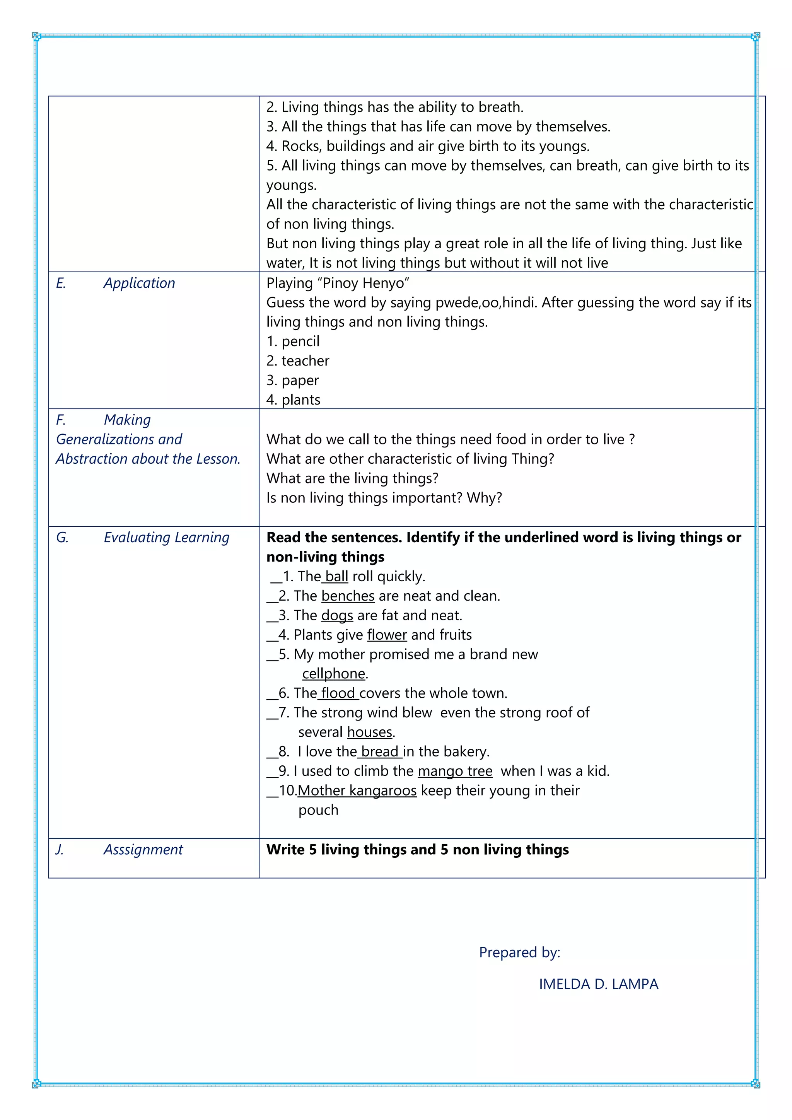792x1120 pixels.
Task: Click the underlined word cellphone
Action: pyautogui.click(x=334, y=674)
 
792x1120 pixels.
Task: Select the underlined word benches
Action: pyautogui.click(x=348, y=596)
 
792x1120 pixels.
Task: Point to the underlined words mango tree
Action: pyautogui.click(x=455, y=771)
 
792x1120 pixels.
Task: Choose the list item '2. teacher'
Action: pyautogui.click(x=298, y=360)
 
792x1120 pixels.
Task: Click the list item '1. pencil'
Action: pyautogui.click(x=293, y=341)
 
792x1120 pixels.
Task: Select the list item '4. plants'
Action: pyautogui.click(x=294, y=400)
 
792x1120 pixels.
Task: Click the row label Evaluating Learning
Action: pyautogui.click(x=166, y=537)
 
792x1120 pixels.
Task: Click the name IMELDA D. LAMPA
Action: pyautogui.click(x=598, y=984)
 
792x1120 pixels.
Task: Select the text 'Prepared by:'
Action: pyautogui.click(x=519, y=952)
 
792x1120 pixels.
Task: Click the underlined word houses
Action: pyautogui.click(x=370, y=732)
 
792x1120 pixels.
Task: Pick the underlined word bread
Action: pyautogui.click(x=379, y=752)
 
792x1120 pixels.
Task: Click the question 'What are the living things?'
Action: pyautogui.click(x=352, y=478)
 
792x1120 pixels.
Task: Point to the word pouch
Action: pyautogui.click(x=318, y=810)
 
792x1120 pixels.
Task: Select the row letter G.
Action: pyautogui.click(x=62, y=537)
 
